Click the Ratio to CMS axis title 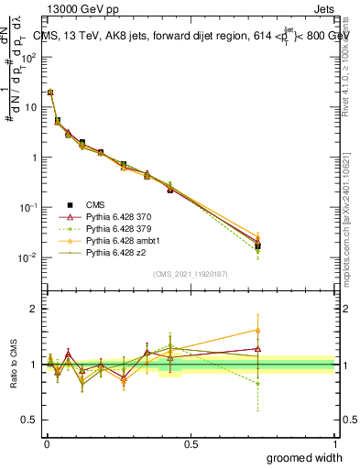(x=14, y=365)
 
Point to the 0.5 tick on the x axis (x=191, y=444)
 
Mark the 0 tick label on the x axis (x=45, y=444)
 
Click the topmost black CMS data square (x=50, y=93)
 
